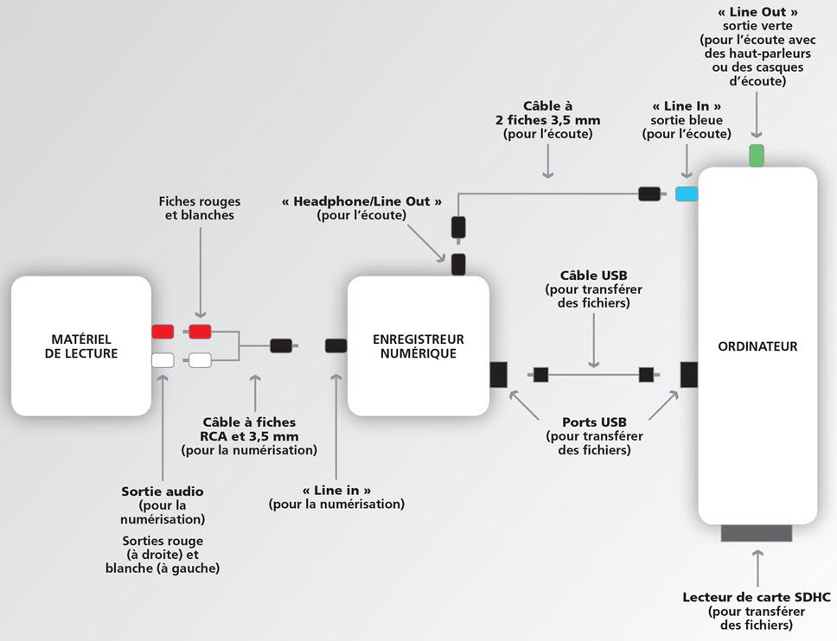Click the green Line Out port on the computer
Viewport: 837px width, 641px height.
(x=756, y=155)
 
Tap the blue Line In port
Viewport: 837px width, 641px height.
(x=687, y=194)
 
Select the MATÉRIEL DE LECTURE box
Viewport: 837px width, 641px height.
(x=81, y=346)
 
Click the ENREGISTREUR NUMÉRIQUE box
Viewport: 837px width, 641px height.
(x=418, y=346)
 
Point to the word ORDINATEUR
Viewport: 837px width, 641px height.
(x=757, y=346)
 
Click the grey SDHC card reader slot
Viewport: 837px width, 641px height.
(x=757, y=533)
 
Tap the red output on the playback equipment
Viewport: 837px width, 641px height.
(x=163, y=331)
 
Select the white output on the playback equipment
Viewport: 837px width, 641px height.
(x=163, y=359)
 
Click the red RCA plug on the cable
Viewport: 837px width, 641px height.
(x=201, y=331)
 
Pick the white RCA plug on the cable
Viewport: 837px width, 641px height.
(x=201, y=359)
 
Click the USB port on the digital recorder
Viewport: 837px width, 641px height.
(x=499, y=374)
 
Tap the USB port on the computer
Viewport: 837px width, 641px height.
(x=689, y=374)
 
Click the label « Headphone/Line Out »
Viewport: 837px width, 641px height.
(x=361, y=201)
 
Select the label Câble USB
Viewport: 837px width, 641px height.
(x=593, y=276)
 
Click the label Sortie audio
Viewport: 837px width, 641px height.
(x=163, y=492)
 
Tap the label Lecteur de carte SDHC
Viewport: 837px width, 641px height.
(x=757, y=597)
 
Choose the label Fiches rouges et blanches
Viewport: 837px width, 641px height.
(x=200, y=208)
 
